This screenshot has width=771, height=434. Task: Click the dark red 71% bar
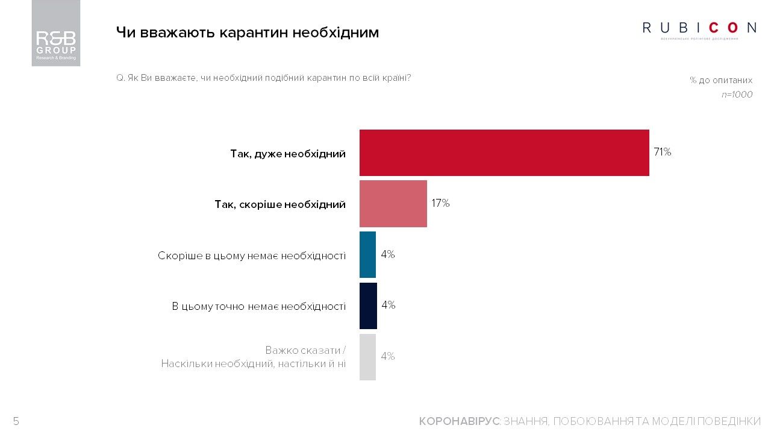pyautogui.click(x=504, y=153)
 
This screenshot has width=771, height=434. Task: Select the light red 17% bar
pyautogui.click(x=393, y=204)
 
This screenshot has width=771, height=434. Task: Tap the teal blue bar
pyautogui.click(x=367, y=254)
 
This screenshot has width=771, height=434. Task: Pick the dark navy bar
pyautogui.click(x=368, y=306)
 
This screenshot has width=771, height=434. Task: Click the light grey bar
pyautogui.click(x=367, y=357)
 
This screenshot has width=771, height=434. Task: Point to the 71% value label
pyautogui.click(x=663, y=153)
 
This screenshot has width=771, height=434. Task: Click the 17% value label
pyautogui.click(x=440, y=204)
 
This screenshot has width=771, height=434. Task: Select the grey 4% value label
pyautogui.click(x=388, y=357)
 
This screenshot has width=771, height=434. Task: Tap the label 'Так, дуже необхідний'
pyautogui.click(x=287, y=154)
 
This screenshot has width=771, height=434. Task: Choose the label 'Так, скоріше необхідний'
pyautogui.click(x=280, y=205)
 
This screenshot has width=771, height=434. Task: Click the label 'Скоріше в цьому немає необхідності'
pyautogui.click(x=252, y=256)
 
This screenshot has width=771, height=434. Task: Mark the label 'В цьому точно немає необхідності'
pyautogui.click(x=258, y=307)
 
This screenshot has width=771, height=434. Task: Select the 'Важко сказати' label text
pyautogui.click(x=305, y=350)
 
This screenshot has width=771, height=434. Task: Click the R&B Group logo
pyautogui.click(x=56, y=33)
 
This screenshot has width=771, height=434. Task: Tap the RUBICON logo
pyautogui.click(x=699, y=28)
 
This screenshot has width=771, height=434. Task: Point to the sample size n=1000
pyautogui.click(x=737, y=95)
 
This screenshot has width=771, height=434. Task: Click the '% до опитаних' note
pyautogui.click(x=721, y=80)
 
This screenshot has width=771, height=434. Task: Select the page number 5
pyautogui.click(x=16, y=421)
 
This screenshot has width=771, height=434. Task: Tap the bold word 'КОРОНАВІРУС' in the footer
pyautogui.click(x=459, y=421)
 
